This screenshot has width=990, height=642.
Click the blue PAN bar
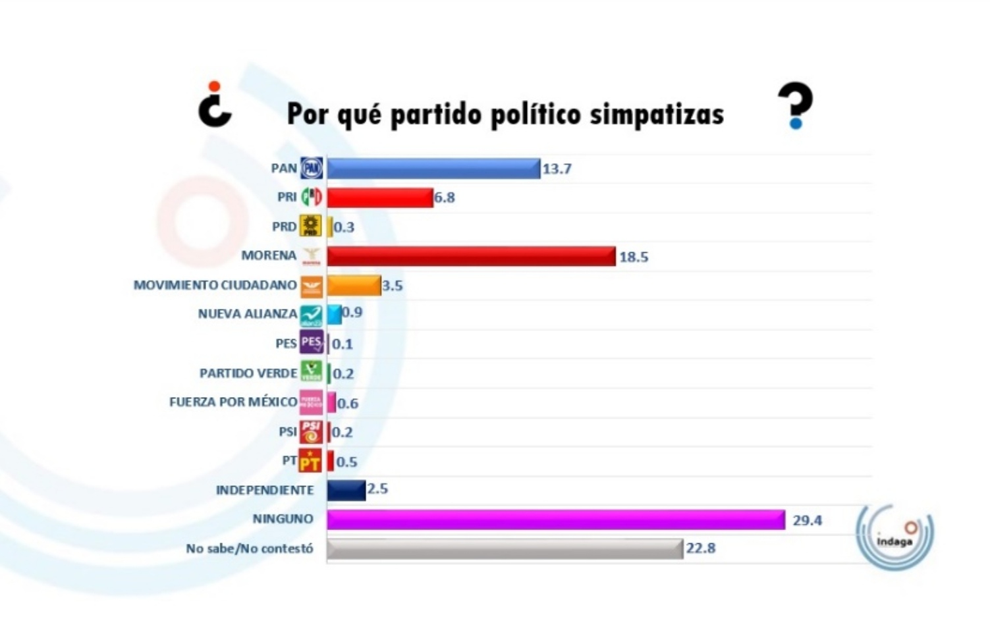(x=433, y=169)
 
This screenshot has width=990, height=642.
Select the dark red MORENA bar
(x=471, y=256)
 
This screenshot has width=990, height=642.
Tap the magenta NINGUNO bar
(x=555, y=520)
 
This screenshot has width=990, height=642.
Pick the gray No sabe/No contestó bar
(x=505, y=548)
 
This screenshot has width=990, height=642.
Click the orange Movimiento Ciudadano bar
(x=354, y=286)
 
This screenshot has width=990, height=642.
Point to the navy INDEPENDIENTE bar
(x=346, y=490)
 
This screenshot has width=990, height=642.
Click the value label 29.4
(x=807, y=520)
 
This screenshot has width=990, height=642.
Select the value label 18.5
(x=634, y=257)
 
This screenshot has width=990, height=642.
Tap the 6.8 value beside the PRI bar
(x=445, y=198)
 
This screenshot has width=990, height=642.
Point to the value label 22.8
(x=701, y=548)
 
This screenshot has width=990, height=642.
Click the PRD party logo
(x=311, y=226)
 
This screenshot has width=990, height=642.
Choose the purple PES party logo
(x=311, y=343)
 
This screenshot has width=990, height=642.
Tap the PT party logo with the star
(x=310, y=461)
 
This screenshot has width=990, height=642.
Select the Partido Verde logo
(x=311, y=372)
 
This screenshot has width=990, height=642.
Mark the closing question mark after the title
(x=796, y=105)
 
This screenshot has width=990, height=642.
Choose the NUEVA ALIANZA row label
(x=247, y=314)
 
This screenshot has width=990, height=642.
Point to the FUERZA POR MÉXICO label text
(x=233, y=402)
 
